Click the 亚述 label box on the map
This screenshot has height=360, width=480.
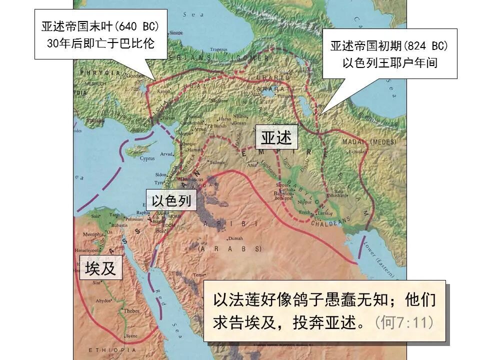point(276,137)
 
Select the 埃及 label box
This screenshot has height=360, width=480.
point(100,268)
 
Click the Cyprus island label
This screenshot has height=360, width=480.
point(147,158)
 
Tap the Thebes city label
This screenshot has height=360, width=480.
point(131,310)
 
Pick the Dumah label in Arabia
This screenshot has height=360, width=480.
point(235,238)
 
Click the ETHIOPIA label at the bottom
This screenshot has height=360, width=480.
point(105,349)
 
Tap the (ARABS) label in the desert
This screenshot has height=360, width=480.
point(229,248)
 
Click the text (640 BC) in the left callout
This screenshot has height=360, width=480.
point(139,26)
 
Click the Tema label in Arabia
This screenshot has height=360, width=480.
point(199,275)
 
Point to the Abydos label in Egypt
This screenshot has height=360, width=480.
point(103,300)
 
